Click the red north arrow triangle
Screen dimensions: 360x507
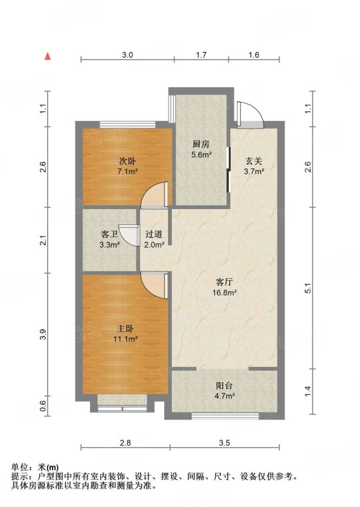[x=48, y=56]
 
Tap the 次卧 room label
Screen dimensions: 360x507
[x=127, y=161]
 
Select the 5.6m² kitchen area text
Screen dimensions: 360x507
[x=202, y=155]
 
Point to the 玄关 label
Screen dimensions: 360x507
[x=254, y=161]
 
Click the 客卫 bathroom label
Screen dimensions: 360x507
[x=109, y=234]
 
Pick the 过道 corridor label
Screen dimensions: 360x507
[x=153, y=234]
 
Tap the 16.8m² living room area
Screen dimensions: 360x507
[x=224, y=293]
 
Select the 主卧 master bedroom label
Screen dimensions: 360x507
[x=125, y=329]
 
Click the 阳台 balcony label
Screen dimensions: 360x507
[x=224, y=385]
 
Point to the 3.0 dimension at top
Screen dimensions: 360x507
[x=127, y=55]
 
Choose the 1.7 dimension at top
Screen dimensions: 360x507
[x=201, y=55]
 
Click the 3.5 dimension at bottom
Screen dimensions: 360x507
[x=224, y=442]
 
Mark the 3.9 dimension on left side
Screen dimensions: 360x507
[x=44, y=335]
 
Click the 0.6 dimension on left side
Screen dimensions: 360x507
[x=44, y=406]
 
